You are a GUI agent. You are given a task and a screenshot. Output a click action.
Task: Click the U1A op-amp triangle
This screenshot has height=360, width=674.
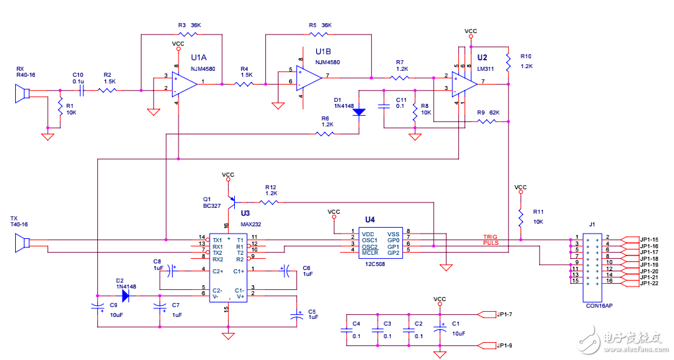[184, 83]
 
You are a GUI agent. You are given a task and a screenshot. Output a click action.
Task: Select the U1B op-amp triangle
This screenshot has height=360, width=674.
[308, 77]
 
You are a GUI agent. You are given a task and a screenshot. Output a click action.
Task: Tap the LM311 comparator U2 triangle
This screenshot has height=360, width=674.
[466, 83]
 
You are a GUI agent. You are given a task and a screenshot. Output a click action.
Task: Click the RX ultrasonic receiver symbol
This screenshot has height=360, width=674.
[22, 93]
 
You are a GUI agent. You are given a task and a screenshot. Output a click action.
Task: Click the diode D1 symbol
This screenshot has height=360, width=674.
[359, 112]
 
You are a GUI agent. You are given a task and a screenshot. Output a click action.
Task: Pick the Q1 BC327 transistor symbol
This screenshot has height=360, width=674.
[231, 199]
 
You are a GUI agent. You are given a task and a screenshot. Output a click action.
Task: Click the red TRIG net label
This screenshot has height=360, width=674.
[489, 237]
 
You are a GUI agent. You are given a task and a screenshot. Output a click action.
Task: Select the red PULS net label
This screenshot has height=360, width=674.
[490, 244]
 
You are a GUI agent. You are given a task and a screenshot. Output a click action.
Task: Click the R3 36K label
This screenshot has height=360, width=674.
[189, 25]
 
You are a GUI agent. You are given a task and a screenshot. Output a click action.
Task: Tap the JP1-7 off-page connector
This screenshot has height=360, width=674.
[486, 314]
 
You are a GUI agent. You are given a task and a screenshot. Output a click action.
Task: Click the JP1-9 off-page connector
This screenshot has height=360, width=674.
[486, 345]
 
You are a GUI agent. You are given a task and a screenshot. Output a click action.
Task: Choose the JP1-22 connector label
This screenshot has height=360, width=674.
[649, 284]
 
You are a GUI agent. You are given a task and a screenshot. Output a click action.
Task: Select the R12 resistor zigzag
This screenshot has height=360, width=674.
[270, 201]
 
